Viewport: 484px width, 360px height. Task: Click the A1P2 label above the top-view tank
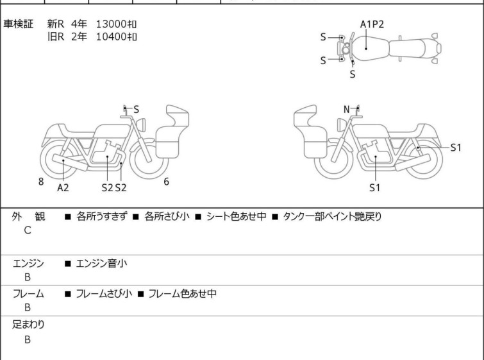372,24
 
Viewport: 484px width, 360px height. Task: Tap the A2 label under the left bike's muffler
63,187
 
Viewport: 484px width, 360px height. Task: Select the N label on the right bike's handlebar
347,109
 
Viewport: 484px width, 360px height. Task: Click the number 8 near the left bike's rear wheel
41,182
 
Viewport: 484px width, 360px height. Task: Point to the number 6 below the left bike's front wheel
167,182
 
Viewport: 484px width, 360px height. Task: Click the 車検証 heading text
18,24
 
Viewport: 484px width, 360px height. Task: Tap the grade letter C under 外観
28,230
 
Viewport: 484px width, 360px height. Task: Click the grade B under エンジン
28,277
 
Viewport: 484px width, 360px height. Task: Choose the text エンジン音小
101,264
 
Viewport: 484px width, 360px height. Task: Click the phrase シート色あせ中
236,216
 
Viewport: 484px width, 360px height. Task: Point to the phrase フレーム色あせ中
183,293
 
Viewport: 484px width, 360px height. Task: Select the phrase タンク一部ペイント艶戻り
332,216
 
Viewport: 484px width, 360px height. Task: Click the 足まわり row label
28,325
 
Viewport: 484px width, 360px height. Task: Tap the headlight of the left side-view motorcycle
141,124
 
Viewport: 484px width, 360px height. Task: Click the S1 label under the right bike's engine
374,187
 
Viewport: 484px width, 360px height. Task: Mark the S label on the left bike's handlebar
136,109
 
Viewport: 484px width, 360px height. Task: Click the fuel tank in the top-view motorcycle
369,49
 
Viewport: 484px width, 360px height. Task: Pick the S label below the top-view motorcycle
353,74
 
